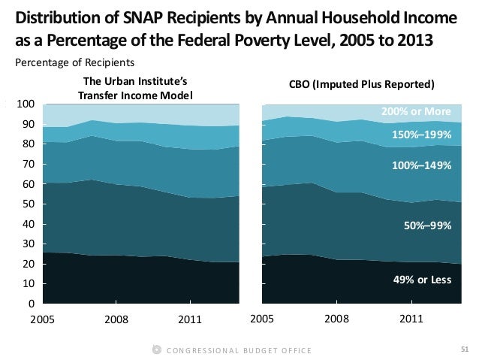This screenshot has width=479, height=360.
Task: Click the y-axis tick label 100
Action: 26,103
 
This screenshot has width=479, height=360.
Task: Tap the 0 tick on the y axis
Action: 31,304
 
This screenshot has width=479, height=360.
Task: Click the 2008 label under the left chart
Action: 116,319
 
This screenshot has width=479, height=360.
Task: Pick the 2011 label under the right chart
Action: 411,319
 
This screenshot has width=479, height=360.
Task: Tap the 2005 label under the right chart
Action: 261,319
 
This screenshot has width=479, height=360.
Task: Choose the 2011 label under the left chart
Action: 191,319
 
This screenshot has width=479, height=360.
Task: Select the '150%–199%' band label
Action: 422,135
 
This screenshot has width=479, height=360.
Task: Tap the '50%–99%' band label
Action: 426,223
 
